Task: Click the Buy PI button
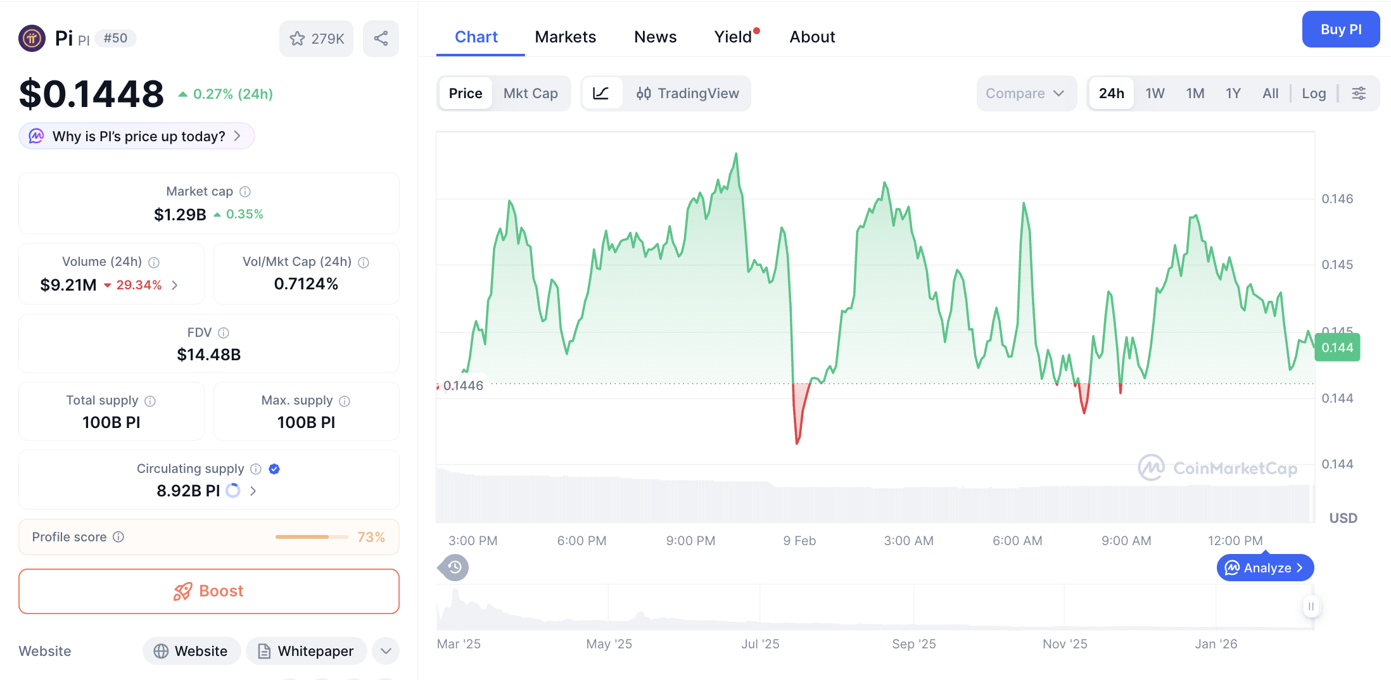[x=1340, y=29]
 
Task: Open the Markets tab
[x=565, y=37]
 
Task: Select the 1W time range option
[x=1155, y=94]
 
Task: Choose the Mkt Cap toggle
[x=530, y=94]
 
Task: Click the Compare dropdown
[x=1025, y=94]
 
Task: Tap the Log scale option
[x=1314, y=94]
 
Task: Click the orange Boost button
[x=209, y=591]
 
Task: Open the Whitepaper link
[x=307, y=651]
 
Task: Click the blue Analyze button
[x=1265, y=568]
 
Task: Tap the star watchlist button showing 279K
[x=316, y=39]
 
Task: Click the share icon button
[x=381, y=39]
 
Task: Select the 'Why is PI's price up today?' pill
[x=137, y=136]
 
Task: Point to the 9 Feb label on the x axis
[x=799, y=541]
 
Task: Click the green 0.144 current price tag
[x=1337, y=348]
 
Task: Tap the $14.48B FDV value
[x=209, y=355]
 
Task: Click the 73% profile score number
[x=371, y=537]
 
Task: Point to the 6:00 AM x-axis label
[x=1017, y=541]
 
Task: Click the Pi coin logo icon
[x=32, y=38]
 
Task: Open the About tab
[x=812, y=37]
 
